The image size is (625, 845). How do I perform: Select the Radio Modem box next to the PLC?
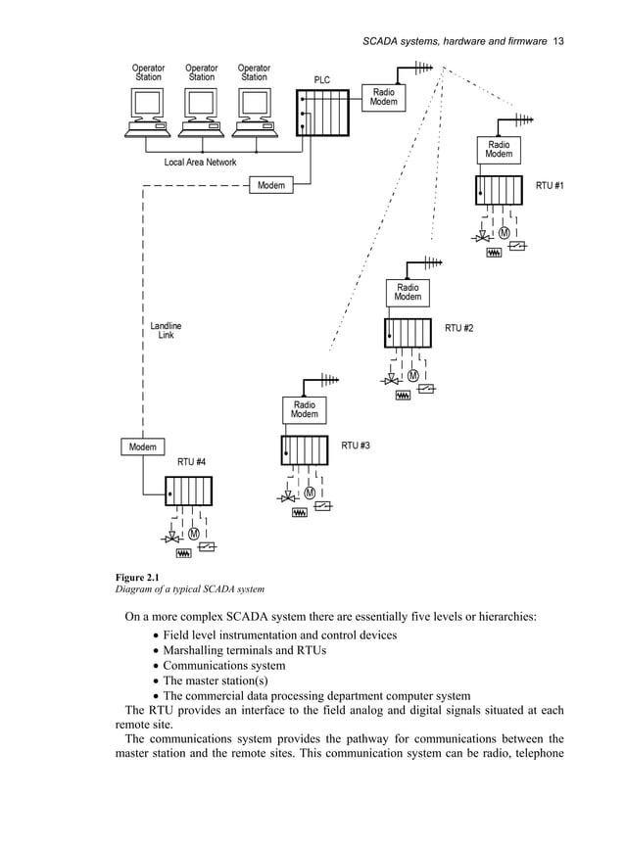click(x=383, y=98)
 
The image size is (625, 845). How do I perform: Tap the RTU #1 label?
click(x=550, y=185)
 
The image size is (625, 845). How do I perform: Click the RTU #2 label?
click(x=458, y=328)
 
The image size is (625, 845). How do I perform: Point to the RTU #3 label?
click(x=355, y=446)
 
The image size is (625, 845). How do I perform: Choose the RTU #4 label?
click(x=191, y=461)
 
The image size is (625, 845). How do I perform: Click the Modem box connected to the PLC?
click(x=271, y=185)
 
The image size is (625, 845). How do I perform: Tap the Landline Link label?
click(x=166, y=330)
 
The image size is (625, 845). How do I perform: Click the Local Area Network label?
click(x=200, y=163)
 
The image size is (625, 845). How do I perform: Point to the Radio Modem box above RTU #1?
click(x=499, y=150)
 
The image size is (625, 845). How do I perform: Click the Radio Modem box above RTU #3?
click(x=304, y=409)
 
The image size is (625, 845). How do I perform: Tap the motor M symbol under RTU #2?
click(x=412, y=376)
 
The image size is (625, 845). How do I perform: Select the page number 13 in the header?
click(x=558, y=41)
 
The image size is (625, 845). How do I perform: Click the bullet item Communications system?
click(x=223, y=665)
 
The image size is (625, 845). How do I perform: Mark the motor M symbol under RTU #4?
click(x=193, y=534)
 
